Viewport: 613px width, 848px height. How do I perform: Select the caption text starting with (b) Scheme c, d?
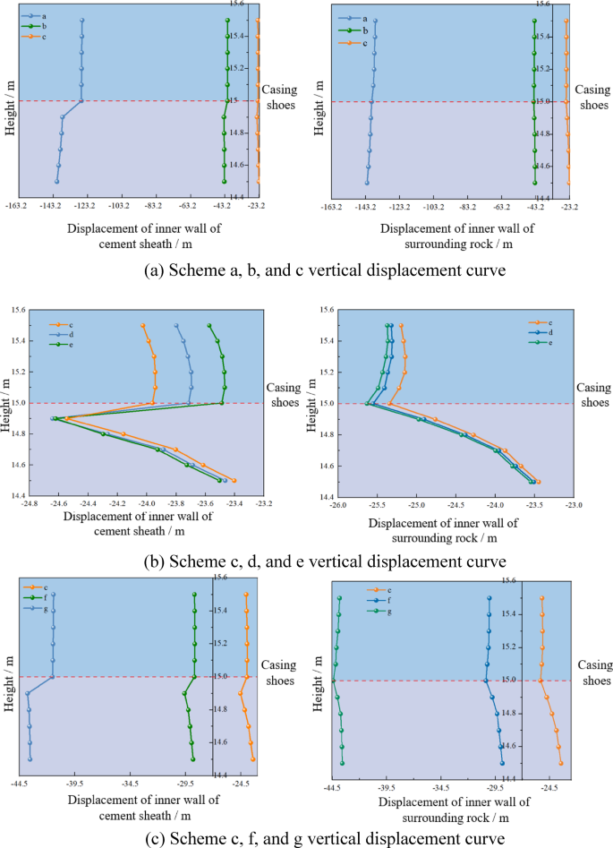307,561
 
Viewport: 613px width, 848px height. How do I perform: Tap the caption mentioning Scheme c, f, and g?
305,839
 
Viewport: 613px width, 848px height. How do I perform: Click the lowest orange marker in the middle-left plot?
234,481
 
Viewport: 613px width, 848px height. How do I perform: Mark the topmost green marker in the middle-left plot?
209,326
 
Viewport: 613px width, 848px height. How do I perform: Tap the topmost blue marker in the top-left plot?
81,20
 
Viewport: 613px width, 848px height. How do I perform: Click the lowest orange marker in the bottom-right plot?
561,763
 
